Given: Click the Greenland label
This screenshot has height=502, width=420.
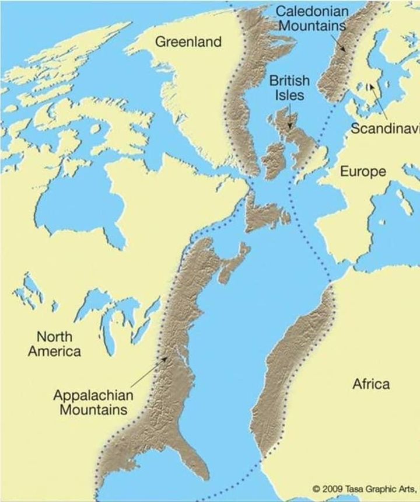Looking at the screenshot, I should click(188, 41).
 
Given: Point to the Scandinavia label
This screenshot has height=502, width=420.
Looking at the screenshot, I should click(385, 129).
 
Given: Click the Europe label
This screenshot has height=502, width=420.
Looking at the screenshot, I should click(363, 172).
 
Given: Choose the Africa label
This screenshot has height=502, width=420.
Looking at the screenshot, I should click(371, 384).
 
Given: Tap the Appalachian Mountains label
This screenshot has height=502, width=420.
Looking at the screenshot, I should click(93, 402).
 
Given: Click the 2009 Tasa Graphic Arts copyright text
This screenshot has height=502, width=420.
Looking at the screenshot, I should click(366, 488).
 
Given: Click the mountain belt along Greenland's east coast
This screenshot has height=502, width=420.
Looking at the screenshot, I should click(248, 99).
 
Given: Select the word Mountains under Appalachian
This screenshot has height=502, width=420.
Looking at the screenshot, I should click(93, 409).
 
